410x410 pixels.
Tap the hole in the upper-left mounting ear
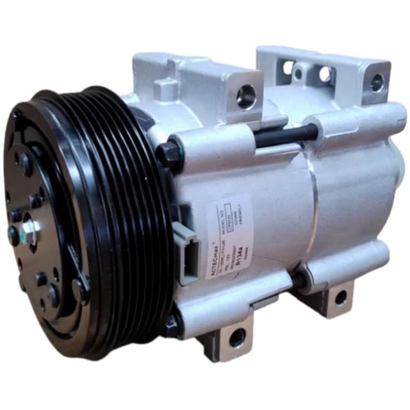click(245, 97)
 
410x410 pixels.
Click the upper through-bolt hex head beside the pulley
click(170, 154)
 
